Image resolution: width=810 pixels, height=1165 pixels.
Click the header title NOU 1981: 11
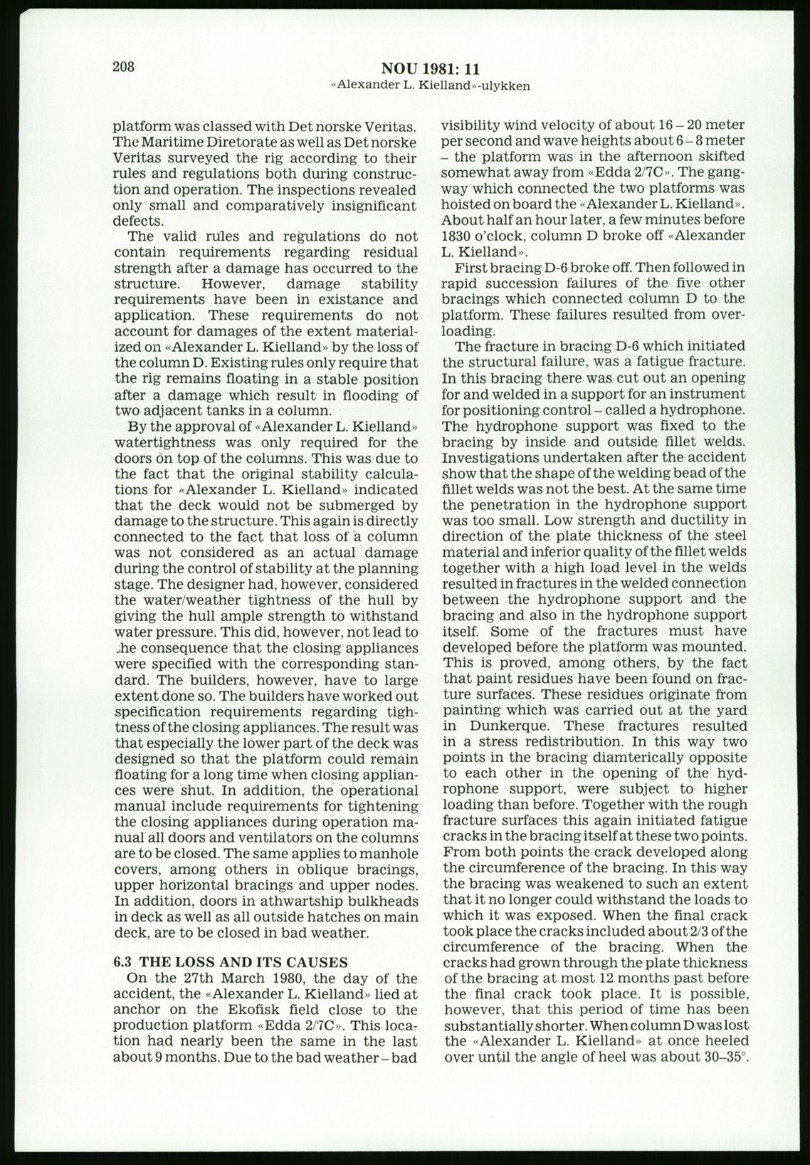[431, 69]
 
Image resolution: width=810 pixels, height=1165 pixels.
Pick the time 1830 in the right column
[456, 236]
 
